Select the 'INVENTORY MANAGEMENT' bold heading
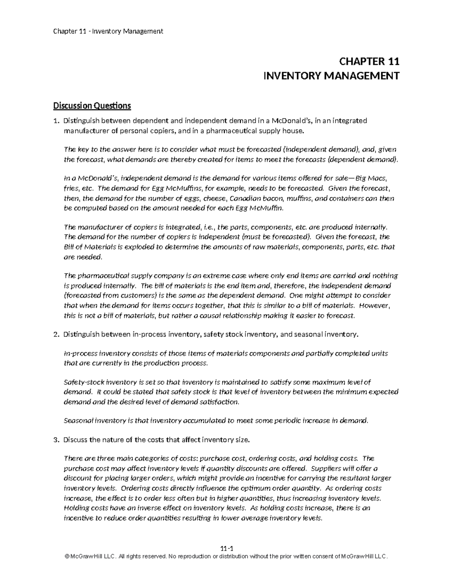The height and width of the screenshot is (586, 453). click(x=331, y=76)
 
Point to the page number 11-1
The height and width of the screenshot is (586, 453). click(x=226, y=549)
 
